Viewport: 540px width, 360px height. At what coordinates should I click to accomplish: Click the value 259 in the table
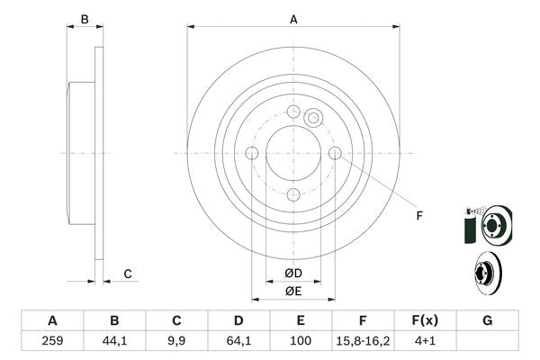point(52,341)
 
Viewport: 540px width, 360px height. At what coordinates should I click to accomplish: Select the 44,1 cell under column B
point(114,341)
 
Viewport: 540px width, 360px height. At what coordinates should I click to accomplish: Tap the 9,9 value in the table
point(176,341)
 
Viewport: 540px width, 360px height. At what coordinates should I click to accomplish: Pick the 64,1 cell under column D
point(238,341)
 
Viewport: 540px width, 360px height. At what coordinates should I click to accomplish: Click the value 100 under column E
point(301,341)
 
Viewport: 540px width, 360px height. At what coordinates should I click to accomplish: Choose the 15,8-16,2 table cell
point(363,341)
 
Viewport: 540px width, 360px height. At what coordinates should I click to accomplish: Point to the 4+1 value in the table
point(425,341)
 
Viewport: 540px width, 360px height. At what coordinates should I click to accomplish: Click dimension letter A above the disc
point(293,19)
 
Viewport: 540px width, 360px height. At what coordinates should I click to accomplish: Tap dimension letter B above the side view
point(85,19)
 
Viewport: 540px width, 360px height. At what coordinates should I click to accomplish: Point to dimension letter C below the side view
point(128,274)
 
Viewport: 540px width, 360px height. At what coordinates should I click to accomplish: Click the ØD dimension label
point(293,273)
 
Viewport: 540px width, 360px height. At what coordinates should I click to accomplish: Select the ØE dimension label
point(293,291)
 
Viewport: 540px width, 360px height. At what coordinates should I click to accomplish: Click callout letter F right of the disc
point(418,216)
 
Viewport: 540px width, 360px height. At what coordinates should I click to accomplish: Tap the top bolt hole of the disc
point(293,112)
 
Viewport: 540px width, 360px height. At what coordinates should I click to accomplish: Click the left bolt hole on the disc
point(252,154)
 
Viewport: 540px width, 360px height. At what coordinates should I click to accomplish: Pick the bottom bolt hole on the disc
point(293,195)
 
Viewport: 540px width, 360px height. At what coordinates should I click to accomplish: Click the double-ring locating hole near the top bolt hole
point(313,117)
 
